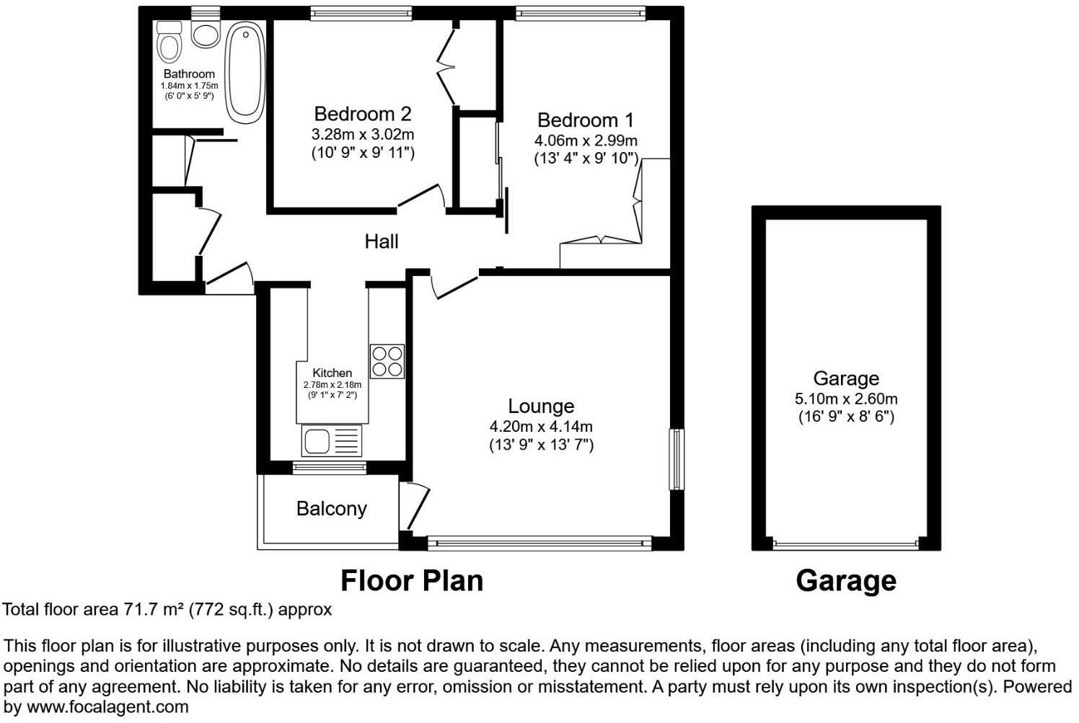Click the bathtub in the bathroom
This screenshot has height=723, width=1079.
coord(245,69)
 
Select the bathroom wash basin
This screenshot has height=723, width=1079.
coord(206,34)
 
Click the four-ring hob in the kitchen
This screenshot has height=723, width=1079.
coord(387,361)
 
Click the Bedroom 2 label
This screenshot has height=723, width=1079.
coord(363,114)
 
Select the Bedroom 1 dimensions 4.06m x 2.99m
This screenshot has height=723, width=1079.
coord(586,141)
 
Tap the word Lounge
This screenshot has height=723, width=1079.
coord(541,407)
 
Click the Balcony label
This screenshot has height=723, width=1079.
coord(331,509)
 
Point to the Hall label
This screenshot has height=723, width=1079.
coord(381,241)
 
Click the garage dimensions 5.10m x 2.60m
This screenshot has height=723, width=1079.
coord(846,399)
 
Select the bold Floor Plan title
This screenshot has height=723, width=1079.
coord(411,580)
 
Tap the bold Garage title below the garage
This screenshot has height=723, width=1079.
coord(845,580)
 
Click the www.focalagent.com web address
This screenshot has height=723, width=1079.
coord(107,707)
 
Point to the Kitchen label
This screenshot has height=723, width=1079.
coord(332,373)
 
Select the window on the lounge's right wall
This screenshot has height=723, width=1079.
coord(676,459)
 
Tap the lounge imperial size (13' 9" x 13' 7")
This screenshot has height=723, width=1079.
coord(541,445)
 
